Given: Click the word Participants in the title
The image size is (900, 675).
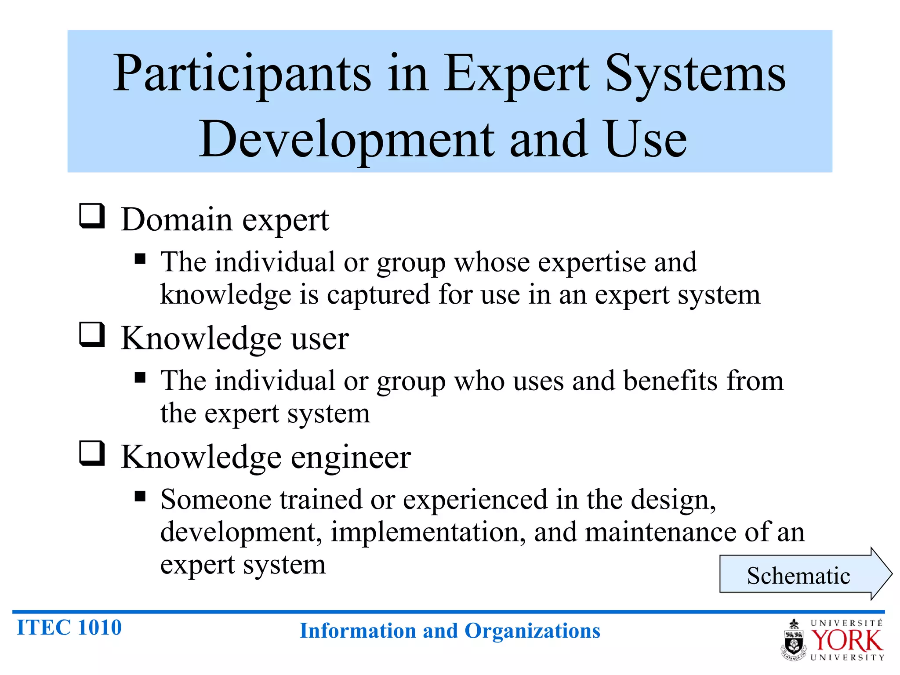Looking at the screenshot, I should tap(242, 74).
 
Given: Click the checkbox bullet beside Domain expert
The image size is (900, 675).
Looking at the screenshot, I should tap(92, 216).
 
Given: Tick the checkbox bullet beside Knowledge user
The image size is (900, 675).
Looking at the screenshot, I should tap(92, 335).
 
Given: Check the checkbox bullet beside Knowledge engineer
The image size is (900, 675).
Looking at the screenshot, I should tap(92, 454).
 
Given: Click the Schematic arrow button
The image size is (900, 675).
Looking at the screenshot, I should tap(800, 574).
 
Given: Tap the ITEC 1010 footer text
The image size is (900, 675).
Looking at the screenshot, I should tap(69, 628).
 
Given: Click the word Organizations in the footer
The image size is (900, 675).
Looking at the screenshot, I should tap(532, 631).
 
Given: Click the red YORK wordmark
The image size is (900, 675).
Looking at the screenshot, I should tap(846, 640).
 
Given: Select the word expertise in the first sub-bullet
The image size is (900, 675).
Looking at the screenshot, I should tap(592, 263).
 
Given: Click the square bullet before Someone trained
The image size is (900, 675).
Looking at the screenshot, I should tap(140, 496).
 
